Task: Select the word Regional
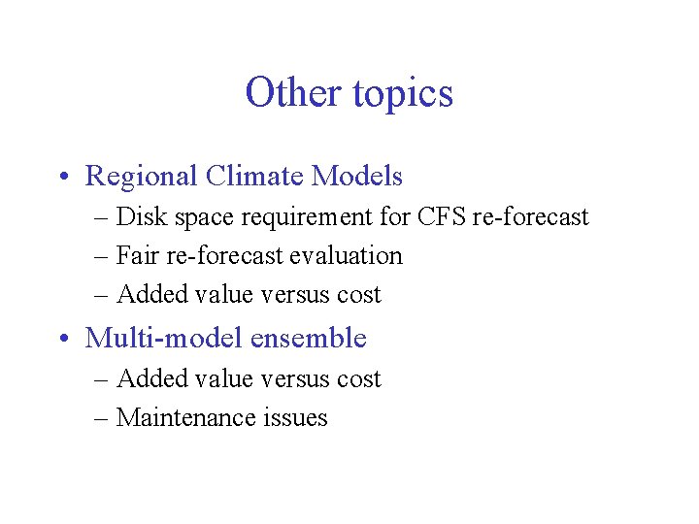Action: coord(141,177)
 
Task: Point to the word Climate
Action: coord(254,177)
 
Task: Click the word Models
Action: coord(356,177)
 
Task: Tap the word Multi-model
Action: coord(163,339)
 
